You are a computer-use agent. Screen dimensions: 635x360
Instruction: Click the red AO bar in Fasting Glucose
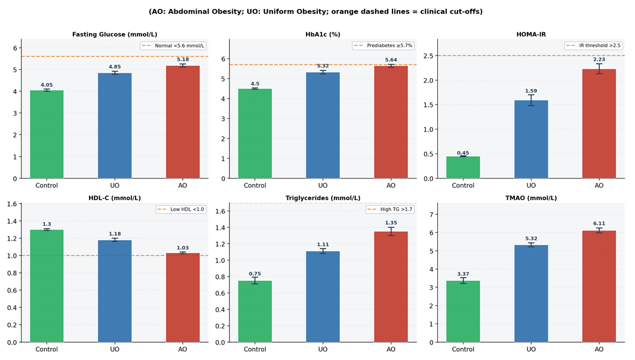183,122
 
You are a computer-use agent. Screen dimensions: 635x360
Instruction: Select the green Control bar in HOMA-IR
463,167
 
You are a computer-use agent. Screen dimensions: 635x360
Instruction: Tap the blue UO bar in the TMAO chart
531,294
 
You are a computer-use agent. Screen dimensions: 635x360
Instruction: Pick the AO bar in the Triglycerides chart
391,287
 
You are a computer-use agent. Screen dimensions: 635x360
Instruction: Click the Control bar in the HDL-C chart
47,286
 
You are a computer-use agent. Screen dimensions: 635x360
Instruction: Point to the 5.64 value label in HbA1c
391,60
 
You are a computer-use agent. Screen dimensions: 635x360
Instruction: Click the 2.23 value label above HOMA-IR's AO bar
599,59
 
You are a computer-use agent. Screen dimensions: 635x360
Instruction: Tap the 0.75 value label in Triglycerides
254,274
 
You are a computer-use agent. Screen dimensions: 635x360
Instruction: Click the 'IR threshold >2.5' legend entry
593,45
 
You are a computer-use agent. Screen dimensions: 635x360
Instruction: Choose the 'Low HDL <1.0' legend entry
180,210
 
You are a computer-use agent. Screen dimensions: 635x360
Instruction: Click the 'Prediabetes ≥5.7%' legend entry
383,46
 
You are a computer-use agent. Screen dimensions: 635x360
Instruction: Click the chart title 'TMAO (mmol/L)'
531,198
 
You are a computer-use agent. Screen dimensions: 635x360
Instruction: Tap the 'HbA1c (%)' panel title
323,35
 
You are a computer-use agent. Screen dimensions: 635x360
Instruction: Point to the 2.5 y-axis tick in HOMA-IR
428,56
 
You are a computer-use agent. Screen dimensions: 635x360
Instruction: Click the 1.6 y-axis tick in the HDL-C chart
12,204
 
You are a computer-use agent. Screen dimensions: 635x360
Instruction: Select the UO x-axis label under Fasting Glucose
115,186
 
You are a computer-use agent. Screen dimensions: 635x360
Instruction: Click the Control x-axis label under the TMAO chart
463,349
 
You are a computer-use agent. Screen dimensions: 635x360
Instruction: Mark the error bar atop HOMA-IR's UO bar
531,100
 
